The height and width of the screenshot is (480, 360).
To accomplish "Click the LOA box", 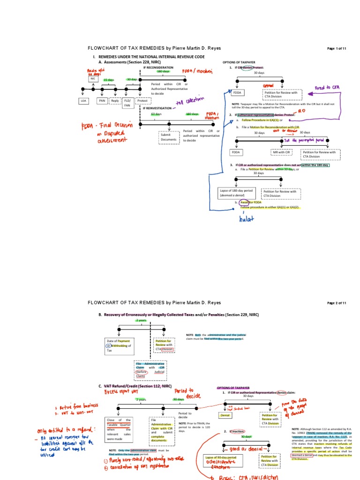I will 84,100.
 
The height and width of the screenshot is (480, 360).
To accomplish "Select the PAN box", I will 102,100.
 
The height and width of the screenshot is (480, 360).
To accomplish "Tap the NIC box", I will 93,79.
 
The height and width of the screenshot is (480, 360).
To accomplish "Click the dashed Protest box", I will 142,100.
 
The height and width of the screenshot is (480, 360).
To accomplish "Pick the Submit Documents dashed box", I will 168,137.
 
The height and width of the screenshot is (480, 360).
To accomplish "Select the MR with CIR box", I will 282,152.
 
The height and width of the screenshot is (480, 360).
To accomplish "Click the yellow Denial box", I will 226,415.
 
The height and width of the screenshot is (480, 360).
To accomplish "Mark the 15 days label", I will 108,80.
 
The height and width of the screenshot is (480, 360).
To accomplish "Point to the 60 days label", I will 156,114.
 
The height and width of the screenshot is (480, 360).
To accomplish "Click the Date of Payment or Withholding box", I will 118,346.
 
